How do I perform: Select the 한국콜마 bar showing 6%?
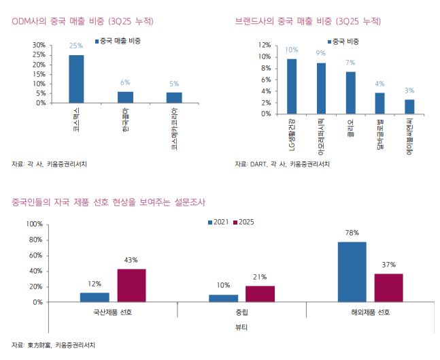pos(125,97)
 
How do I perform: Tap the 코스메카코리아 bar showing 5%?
pos(174,98)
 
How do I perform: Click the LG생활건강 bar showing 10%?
pos(291,86)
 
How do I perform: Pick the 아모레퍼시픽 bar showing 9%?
pos(321,88)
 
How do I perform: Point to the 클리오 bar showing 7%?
pos(350,92)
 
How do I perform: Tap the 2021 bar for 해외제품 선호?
pos(352,272)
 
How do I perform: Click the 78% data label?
pos(352,233)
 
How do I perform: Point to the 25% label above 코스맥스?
pos(76,46)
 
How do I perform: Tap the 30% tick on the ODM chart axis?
pos(39,45)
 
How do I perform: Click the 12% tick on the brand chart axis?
pos(264,45)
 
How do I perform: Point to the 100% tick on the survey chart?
pos(34,224)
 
